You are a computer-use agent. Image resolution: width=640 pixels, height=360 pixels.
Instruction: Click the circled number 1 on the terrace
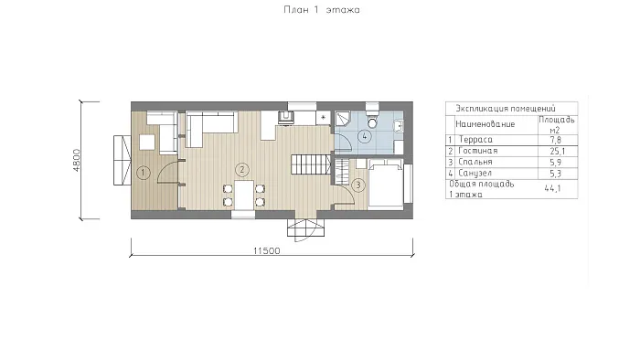[x=143, y=173]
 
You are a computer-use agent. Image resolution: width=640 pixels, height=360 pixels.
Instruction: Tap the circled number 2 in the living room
[x=242, y=170]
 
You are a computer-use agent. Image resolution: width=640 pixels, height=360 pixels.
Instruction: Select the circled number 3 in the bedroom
[x=358, y=185]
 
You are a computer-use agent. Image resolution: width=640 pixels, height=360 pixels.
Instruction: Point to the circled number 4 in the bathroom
[x=365, y=136]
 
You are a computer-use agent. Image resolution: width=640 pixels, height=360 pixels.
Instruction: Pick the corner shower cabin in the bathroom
[x=343, y=119]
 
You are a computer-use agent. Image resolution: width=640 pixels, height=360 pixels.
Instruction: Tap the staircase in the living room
[x=311, y=164]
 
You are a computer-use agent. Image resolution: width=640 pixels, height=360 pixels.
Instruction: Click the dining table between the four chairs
[x=244, y=195]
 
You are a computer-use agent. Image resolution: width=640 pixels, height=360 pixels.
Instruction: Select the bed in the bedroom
[x=386, y=185]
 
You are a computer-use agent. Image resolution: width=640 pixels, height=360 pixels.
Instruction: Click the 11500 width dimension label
[x=267, y=250]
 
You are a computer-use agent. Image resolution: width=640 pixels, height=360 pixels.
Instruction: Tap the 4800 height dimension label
[x=77, y=160]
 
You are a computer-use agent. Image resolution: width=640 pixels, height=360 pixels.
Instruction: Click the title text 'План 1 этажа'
[x=322, y=10]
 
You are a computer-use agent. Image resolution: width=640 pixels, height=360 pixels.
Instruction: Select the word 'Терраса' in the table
[x=475, y=140]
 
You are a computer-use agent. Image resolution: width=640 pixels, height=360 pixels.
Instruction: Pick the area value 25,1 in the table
[x=558, y=152]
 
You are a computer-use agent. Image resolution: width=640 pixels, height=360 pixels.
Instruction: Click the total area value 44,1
[x=552, y=188]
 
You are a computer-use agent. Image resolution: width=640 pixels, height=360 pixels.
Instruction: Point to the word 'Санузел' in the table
[x=475, y=174]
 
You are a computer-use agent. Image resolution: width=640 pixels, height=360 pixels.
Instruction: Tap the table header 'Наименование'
[x=485, y=124]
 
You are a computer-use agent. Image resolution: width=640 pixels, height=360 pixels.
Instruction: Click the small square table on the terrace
[x=147, y=143]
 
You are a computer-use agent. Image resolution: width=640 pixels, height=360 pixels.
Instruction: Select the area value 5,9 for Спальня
[x=556, y=163]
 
